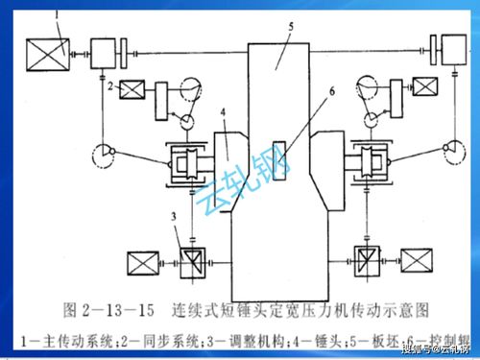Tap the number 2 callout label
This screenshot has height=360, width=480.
pos(112,88)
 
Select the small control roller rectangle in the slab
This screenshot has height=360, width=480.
pos(278,155)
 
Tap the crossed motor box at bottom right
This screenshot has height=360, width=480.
pos(417,259)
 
